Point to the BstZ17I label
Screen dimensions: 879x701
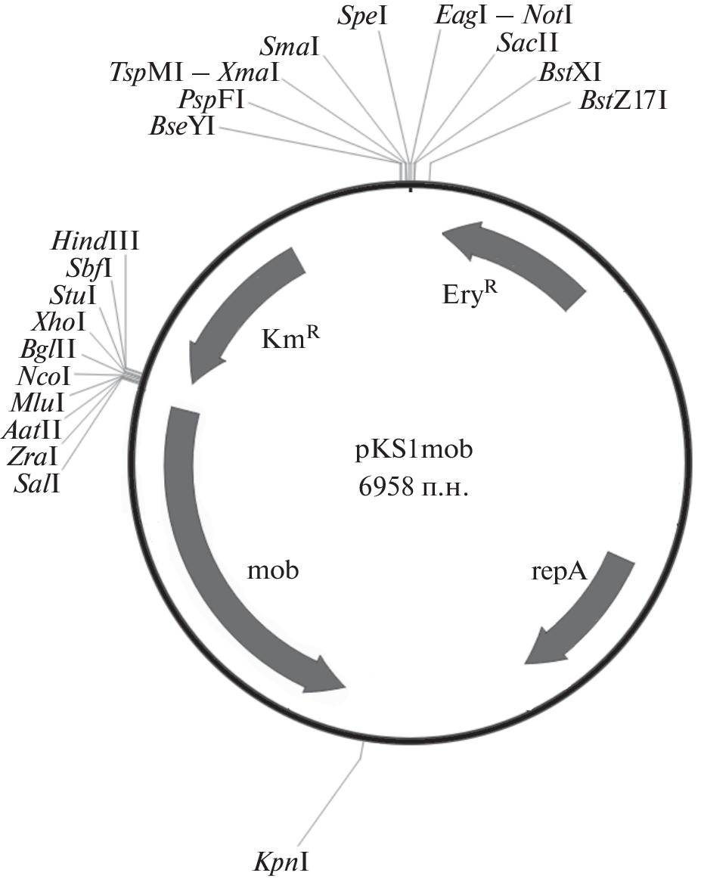point(623,101)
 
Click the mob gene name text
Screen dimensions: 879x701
point(273,570)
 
